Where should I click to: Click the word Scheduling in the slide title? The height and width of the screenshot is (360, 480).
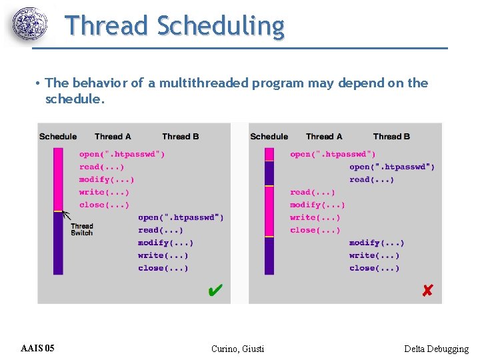coord(221,26)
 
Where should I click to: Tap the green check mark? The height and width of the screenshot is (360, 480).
coord(215,291)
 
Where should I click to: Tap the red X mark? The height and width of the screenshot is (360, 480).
coord(427,291)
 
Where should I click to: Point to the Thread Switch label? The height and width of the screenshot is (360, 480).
coord(82,229)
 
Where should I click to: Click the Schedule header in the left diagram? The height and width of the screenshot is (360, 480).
coord(58,137)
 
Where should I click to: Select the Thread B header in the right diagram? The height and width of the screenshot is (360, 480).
coord(391,137)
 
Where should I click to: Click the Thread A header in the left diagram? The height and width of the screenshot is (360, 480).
coord(113,137)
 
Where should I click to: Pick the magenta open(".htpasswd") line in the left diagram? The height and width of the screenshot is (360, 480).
coord(122,154)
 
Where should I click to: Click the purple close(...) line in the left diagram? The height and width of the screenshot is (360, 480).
coord(163,268)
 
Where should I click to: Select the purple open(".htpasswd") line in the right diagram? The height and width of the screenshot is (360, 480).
coord(392,167)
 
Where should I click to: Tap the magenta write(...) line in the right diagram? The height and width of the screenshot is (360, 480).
coord(315,217)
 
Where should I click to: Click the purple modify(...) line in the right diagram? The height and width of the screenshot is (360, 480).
coord(376,243)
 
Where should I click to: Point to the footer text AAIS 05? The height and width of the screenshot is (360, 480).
coord(37,348)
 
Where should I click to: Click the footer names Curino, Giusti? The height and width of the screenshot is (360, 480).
coord(237,349)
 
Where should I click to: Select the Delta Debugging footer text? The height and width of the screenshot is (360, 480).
coord(436,349)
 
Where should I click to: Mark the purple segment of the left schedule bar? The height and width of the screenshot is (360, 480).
coord(59,243)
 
